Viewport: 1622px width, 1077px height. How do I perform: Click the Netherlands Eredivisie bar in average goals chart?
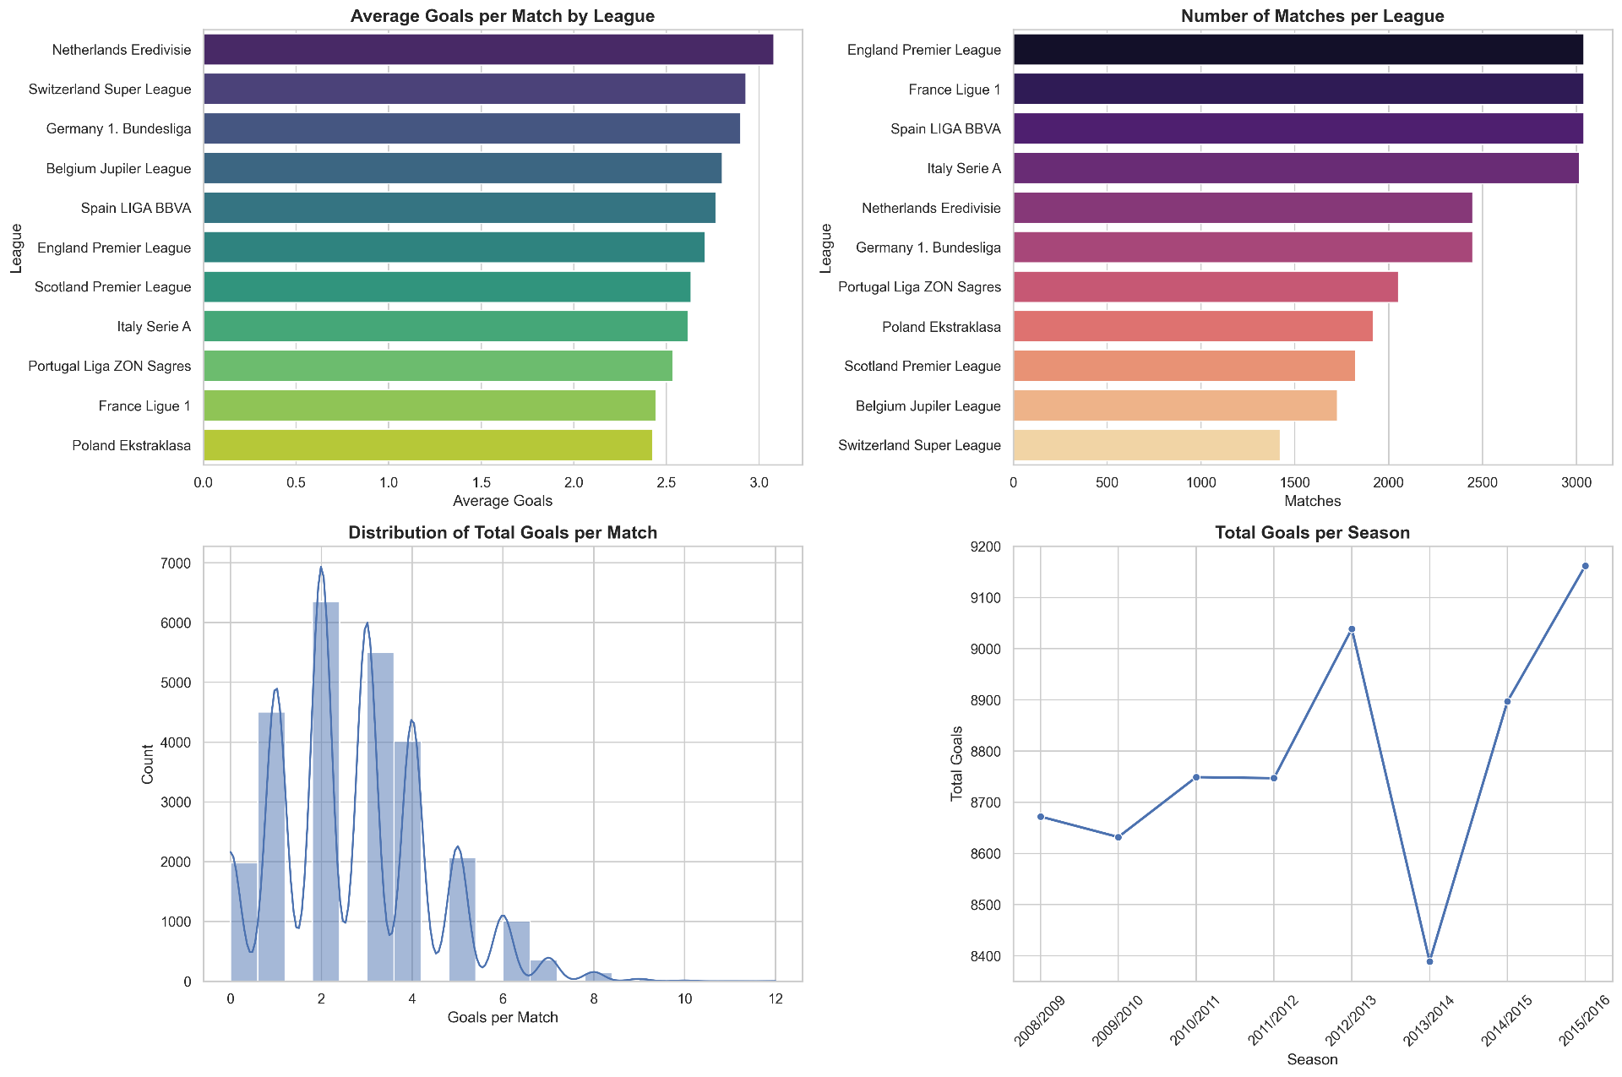pos(488,50)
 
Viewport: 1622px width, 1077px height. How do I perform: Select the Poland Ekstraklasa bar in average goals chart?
pos(427,446)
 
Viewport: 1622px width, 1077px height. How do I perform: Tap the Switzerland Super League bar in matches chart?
pos(1146,446)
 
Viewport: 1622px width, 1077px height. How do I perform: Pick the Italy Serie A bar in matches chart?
pos(1296,169)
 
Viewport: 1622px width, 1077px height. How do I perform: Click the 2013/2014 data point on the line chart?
pos(1429,961)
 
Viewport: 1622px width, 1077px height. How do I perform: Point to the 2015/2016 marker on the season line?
pos(1585,566)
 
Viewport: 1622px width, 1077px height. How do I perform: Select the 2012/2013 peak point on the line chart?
pos(1352,629)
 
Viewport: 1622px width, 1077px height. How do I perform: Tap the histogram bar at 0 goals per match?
pos(243,922)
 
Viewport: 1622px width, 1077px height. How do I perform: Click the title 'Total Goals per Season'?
pos(1312,533)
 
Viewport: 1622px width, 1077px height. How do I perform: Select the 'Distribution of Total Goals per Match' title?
pos(503,533)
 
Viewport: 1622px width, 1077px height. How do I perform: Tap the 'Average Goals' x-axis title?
pos(503,501)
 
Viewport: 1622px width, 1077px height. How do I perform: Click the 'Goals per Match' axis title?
pos(503,1017)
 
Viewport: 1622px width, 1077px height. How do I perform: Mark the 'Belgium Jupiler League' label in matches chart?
pos(928,406)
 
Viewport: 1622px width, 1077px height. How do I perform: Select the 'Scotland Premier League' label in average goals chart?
pos(113,287)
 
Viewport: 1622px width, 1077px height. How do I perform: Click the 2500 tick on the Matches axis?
pos(1483,483)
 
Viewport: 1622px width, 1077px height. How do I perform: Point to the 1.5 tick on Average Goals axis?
pos(481,483)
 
